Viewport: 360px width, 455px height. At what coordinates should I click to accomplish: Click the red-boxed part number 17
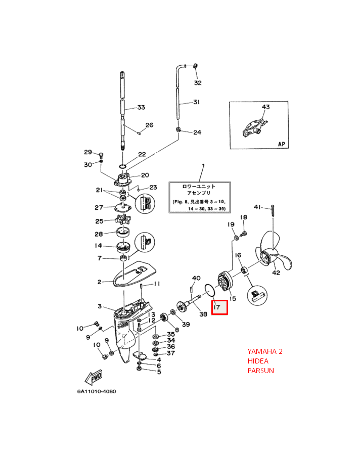(219, 306)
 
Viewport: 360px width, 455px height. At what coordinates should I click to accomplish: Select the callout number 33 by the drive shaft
(141, 107)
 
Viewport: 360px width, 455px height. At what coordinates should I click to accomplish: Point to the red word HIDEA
(258, 361)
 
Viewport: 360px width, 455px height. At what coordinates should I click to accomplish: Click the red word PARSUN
(260, 371)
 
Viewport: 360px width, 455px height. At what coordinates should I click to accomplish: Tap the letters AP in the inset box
(282, 144)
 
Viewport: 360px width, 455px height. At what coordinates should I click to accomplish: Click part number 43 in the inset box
(266, 107)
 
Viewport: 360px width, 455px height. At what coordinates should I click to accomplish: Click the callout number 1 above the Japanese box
(203, 166)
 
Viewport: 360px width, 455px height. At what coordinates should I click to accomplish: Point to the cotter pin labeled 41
(273, 209)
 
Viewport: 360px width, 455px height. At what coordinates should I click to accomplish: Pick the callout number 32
(198, 82)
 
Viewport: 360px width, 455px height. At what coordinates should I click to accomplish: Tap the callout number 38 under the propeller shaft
(203, 314)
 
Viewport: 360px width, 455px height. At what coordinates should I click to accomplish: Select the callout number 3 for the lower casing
(100, 306)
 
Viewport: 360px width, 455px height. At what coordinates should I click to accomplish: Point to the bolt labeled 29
(101, 154)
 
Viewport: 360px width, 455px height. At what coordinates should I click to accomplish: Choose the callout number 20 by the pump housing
(145, 175)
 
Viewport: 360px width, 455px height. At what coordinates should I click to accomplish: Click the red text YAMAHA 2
(265, 351)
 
